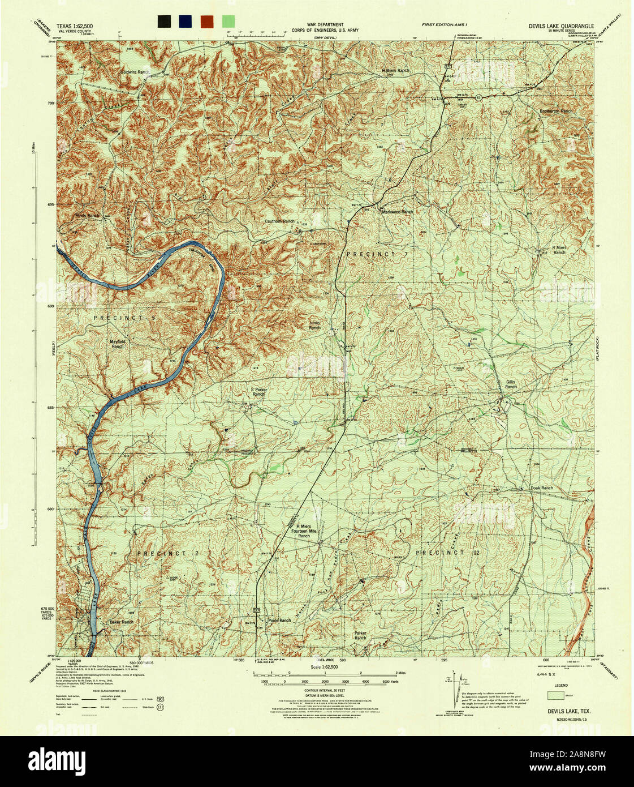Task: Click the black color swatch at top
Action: pos(165,22)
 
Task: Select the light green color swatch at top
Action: pos(228,22)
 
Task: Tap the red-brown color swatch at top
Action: pos(207,22)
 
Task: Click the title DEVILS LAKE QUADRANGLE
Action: pos(561,26)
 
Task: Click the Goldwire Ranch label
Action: pos(135,72)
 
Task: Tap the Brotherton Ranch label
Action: pos(555,112)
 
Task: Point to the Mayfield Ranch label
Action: pos(117,344)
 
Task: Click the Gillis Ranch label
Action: pos(511,384)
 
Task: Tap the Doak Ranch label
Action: pos(541,488)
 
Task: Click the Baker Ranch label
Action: pos(121,622)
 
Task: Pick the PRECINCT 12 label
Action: pos(447,552)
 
